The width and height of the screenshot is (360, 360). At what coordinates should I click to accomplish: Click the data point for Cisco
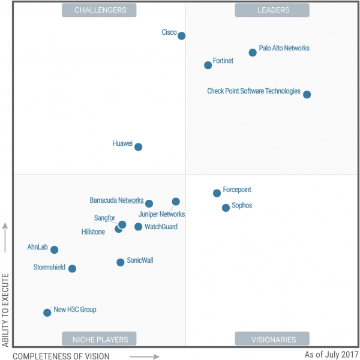(x=182, y=36)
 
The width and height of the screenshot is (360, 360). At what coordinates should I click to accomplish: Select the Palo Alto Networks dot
(x=253, y=53)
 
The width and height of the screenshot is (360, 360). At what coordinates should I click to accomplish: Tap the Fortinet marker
(x=208, y=65)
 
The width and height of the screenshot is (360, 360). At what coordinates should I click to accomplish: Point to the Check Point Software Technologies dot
(x=307, y=95)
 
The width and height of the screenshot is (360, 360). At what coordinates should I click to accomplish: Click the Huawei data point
(x=139, y=147)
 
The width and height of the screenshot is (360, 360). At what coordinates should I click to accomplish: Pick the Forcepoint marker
(x=217, y=193)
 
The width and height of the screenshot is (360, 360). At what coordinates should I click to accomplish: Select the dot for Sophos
(x=226, y=208)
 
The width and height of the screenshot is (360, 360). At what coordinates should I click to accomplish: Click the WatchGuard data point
(x=139, y=227)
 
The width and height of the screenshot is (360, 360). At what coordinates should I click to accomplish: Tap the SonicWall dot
(x=121, y=262)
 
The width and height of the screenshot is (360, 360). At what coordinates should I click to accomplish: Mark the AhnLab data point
(x=55, y=250)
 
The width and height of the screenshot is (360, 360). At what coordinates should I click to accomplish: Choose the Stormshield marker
(x=73, y=269)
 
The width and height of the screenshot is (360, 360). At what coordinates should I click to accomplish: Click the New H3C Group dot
(x=47, y=313)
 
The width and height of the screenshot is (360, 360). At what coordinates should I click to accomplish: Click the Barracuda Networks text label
(x=116, y=200)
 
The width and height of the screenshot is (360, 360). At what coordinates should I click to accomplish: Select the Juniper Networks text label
(x=161, y=214)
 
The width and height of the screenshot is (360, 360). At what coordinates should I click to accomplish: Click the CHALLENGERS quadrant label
(x=100, y=10)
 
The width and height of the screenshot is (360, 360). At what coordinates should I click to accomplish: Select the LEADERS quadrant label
(x=272, y=10)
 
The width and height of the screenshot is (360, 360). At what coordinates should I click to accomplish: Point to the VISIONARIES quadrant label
(x=272, y=339)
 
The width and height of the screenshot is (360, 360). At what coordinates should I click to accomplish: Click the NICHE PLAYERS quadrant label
(x=100, y=339)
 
